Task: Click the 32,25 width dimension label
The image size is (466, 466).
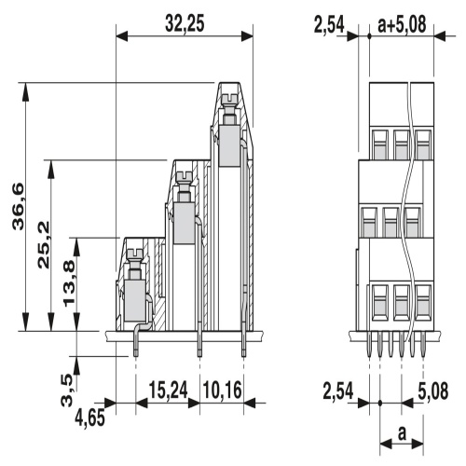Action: pyautogui.click(x=185, y=24)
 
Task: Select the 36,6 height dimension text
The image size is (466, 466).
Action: pyautogui.click(x=18, y=207)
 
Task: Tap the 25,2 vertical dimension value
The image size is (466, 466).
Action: pyautogui.click(x=44, y=244)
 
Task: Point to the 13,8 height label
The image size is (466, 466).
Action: pyautogui.click(x=69, y=283)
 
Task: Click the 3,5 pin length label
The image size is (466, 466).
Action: pyautogui.click(x=67, y=391)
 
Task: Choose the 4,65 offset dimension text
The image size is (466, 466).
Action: pyautogui.click(x=89, y=418)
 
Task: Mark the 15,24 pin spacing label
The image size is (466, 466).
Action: pyautogui.click(x=168, y=391)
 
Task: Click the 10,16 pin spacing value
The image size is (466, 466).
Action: pyautogui.click(x=222, y=391)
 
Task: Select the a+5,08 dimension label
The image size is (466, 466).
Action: pyautogui.click(x=402, y=24)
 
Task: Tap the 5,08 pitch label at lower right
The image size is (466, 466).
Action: pyautogui.click(x=433, y=391)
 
